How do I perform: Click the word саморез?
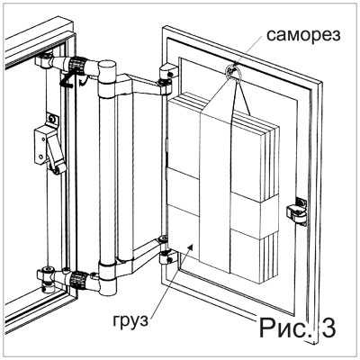[303, 36]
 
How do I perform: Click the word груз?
[130, 321]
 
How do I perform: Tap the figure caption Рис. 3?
[297, 328]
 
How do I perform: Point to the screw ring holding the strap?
[232, 71]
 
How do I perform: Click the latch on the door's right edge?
[297, 211]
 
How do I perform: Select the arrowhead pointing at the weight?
[190, 247]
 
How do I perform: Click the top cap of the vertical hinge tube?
[107, 65]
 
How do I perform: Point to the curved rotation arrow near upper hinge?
[84, 81]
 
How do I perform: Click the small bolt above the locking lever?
[53, 119]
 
